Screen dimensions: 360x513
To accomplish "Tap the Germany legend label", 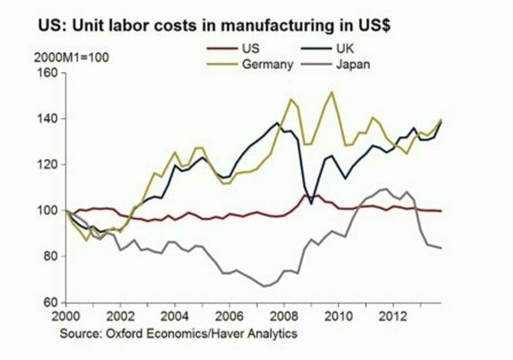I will pos(267,64).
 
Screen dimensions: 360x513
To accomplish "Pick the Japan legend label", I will pos(353,64).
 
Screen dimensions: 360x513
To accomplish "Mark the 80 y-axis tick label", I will pos(52,256).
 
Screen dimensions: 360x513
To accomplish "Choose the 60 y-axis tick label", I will pos(52,302).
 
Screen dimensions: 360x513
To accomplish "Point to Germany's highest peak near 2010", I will pos(331,92).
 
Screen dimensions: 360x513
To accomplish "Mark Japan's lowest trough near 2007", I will pos(264,286).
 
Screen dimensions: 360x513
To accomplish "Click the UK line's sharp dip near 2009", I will pos(312,204).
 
